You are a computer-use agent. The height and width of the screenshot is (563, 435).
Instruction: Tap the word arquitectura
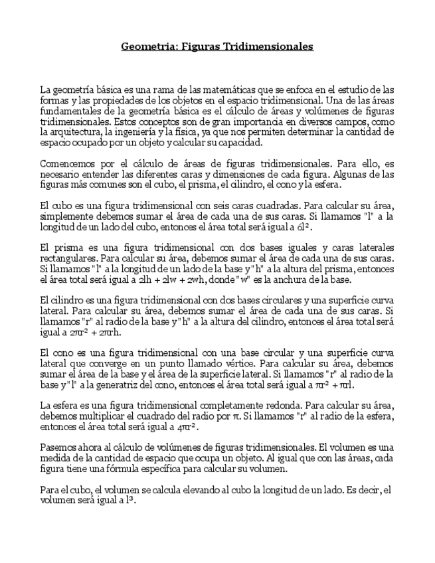[71, 132]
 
